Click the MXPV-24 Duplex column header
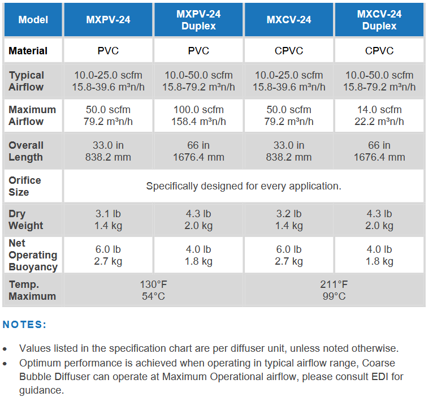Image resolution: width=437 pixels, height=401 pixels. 198,20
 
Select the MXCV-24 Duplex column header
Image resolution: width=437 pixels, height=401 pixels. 379,20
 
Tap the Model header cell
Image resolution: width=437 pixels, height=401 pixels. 33,20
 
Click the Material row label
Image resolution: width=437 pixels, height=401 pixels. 28,51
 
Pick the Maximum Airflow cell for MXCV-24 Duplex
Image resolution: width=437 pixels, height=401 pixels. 379,115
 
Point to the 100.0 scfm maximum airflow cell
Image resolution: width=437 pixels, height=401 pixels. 198,115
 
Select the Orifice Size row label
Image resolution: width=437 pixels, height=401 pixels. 25,186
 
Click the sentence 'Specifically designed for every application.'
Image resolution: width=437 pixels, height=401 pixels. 244,186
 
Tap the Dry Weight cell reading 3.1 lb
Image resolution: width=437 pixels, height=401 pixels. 108,219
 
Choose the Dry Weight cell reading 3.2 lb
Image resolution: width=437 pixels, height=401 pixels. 289,219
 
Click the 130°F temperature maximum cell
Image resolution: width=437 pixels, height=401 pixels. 153,290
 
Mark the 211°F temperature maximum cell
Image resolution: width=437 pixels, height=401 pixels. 334,290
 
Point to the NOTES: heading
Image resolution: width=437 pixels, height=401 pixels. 25,325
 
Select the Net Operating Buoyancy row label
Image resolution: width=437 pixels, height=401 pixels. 33,255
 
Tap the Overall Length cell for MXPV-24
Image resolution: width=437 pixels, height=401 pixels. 108,151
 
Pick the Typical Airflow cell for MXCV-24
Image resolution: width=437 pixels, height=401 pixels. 289,81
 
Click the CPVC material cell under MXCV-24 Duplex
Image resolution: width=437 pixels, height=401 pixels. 379,51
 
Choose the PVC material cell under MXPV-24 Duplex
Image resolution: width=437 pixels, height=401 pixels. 198,51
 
